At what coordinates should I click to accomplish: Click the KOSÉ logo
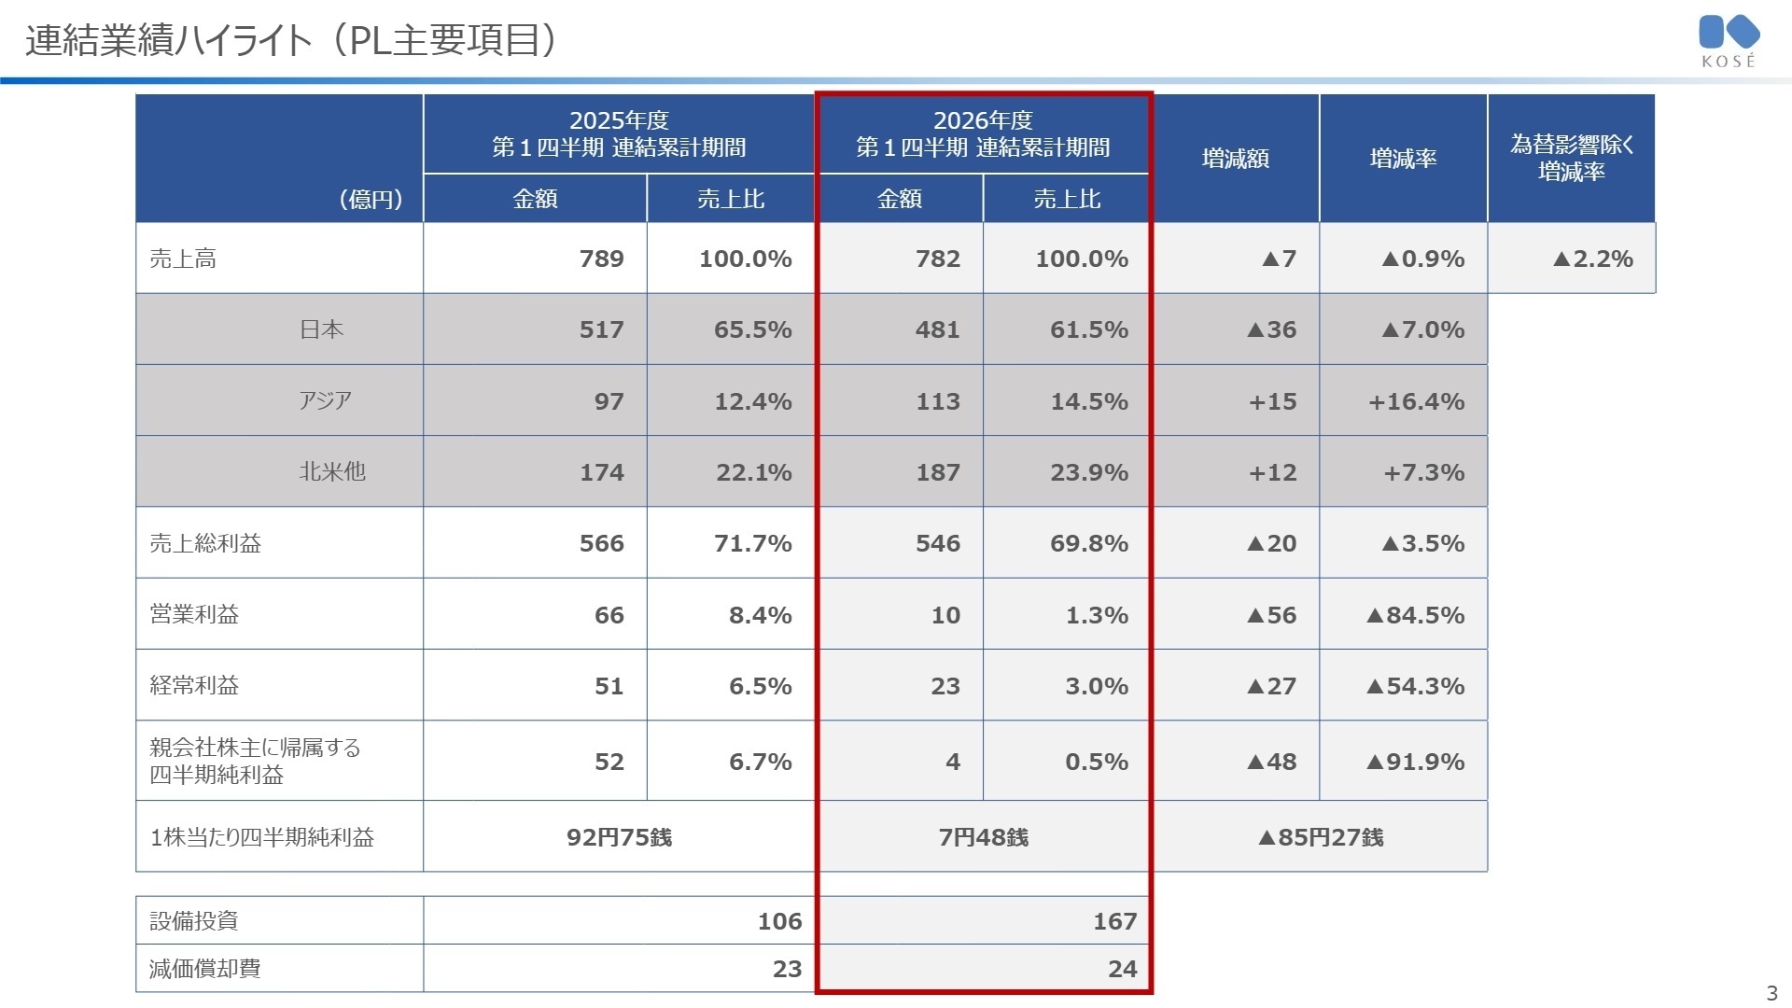[x=1729, y=41]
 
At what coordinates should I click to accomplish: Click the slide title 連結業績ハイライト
[x=169, y=40]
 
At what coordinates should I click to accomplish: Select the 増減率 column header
[x=1403, y=159]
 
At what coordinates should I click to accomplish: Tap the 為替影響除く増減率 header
[x=1572, y=158]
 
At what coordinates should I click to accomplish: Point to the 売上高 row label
[x=183, y=259]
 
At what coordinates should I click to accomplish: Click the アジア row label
[x=325, y=400]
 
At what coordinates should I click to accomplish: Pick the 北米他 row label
[x=332, y=471]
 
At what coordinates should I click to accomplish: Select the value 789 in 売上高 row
[x=601, y=259]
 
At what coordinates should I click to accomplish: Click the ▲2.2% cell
[x=1593, y=259]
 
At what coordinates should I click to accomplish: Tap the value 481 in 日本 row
[x=938, y=329]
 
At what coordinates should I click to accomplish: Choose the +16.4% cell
[x=1416, y=401]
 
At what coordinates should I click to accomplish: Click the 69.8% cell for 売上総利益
[x=1089, y=543]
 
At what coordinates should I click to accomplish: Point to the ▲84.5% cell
[x=1415, y=615]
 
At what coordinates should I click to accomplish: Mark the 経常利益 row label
[x=194, y=685]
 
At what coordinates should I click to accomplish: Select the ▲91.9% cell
[x=1415, y=762]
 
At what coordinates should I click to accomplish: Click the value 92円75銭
[x=619, y=837]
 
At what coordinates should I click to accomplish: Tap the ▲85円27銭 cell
[x=1321, y=837]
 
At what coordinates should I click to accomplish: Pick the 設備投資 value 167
[x=1115, y=921]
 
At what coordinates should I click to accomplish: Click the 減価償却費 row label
[x=205, y=968]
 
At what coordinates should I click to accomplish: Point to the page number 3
[x=1771, y=993]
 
